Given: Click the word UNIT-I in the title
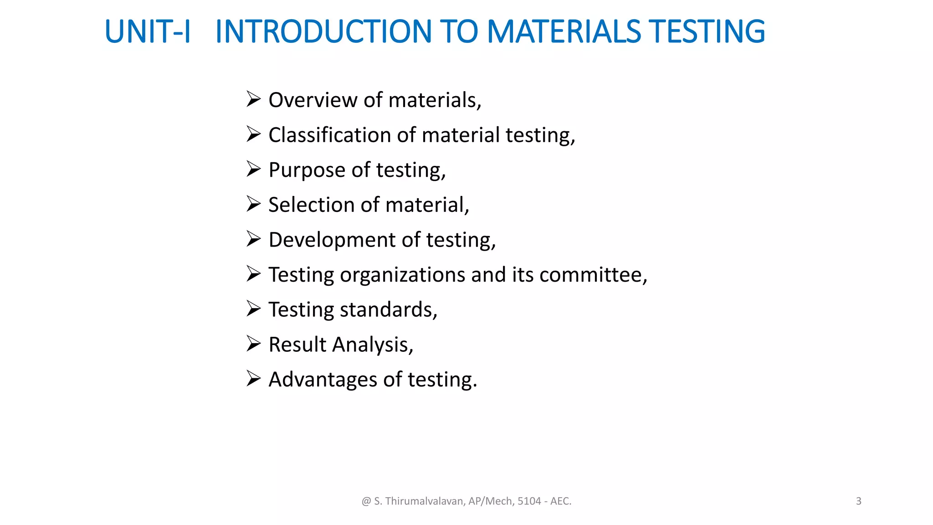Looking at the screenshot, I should (147, 32).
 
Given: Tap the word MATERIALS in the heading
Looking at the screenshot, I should (564, 32).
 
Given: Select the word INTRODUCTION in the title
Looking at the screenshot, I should (323, 32).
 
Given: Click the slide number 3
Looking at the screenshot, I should (858, 501).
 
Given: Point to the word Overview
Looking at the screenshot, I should (313, 100).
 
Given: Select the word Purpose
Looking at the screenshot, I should (307, 170).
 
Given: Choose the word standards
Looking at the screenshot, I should (388, 309).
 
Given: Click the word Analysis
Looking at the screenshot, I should (372, 345).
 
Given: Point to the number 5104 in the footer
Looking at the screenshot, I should (529, 501).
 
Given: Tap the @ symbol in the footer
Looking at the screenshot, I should (366, 501).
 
